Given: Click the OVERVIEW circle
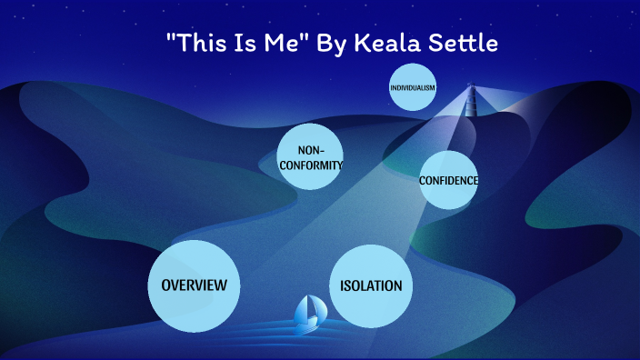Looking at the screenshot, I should tap(193, 285).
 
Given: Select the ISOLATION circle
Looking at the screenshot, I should tap(371, 285).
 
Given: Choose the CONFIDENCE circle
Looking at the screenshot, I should tap(448, 179).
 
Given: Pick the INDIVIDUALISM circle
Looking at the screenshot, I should tap(413, 88).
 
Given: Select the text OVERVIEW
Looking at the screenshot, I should tap(193, 285).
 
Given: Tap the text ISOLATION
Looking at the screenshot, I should tap(371, 285).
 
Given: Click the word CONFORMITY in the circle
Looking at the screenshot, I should tap(312, 165).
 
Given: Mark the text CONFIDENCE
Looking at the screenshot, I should tap(448, 180).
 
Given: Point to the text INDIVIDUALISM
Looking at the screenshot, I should tap(413, 88).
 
